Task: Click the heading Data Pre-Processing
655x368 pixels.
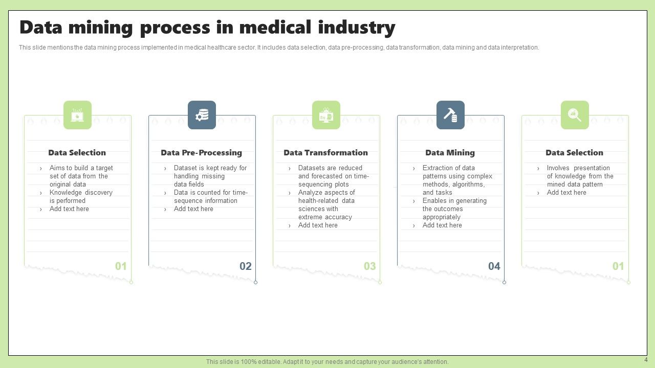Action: [x=201, y=152]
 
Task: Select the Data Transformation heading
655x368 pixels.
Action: [x=325, y=152]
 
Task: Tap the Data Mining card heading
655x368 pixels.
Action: [x=450, y=152]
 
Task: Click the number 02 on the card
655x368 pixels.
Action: [x=246, y=266]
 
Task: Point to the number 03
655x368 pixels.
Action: [x=369, y=266]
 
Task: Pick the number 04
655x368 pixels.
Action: [x=494, y=266]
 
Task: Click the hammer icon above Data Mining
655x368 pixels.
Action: [x=450, y=115]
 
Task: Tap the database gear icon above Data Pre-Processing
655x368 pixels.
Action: [x=202, y=115]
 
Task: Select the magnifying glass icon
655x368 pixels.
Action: [x=575, y=115]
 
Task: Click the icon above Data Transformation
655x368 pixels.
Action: [x=326, y=115]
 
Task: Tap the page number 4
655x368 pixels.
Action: [x=646, y=360]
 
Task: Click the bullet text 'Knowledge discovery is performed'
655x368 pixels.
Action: [x=80, y=197]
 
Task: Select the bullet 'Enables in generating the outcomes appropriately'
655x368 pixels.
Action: [x=454, y=209]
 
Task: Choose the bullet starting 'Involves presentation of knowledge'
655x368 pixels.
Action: [x=579, y=176]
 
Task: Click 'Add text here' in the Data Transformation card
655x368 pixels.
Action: [x=318, y=225]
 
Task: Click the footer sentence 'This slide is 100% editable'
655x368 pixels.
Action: [x=327, y=362]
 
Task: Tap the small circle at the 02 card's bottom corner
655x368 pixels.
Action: [x=255, y=282]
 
